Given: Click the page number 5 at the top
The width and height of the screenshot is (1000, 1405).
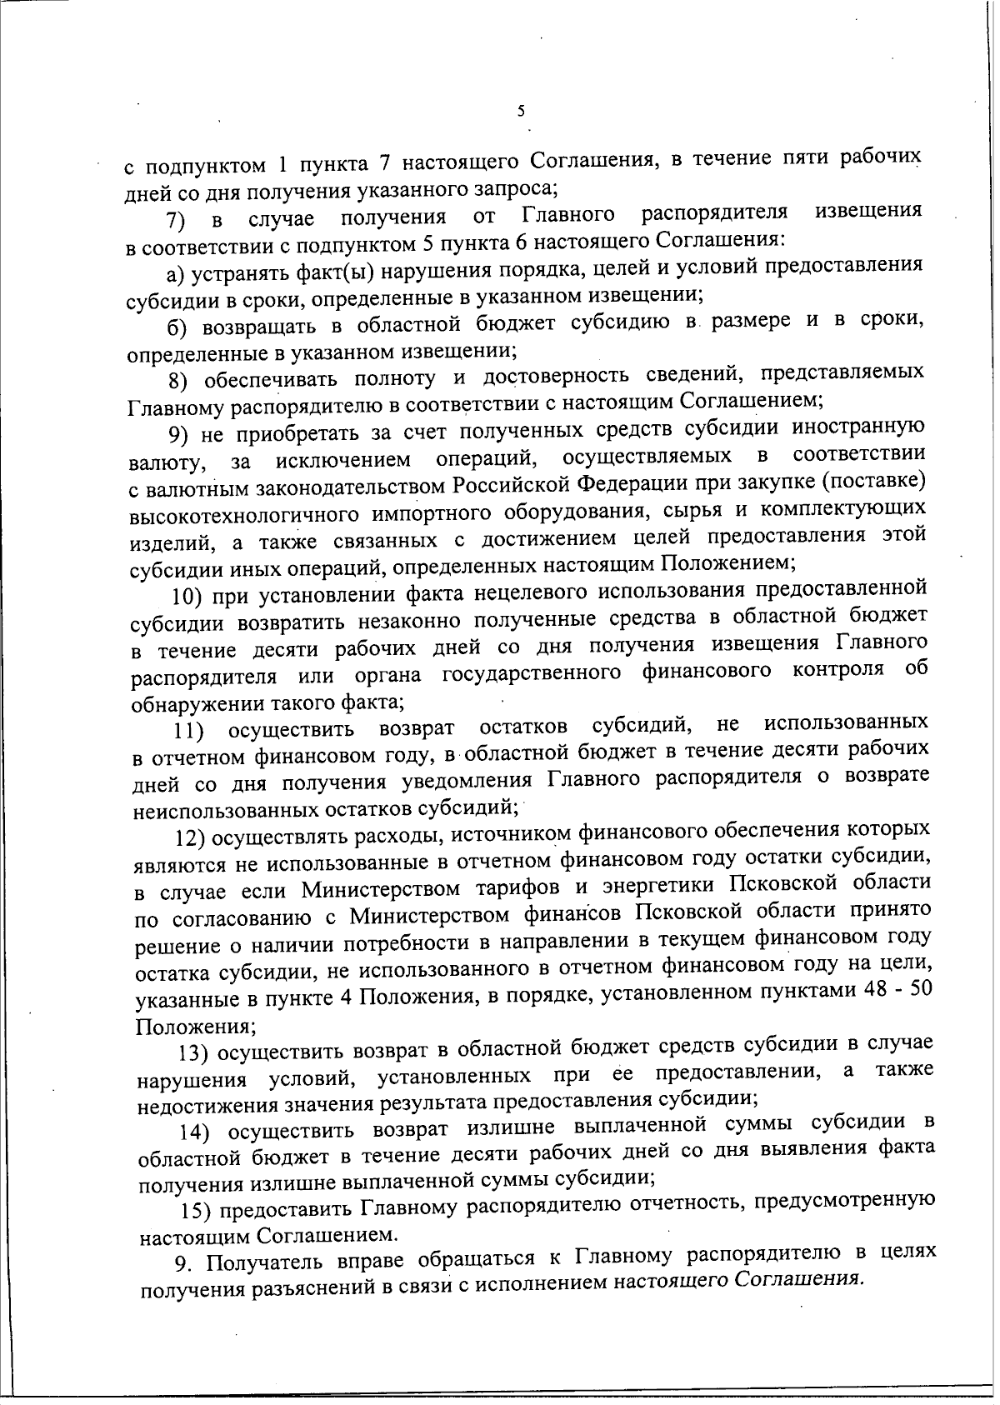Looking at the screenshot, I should pyautogui.click(x=520, y=111).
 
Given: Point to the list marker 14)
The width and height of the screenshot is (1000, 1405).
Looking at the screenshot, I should pyautogui.click(x=198, y=1132).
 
